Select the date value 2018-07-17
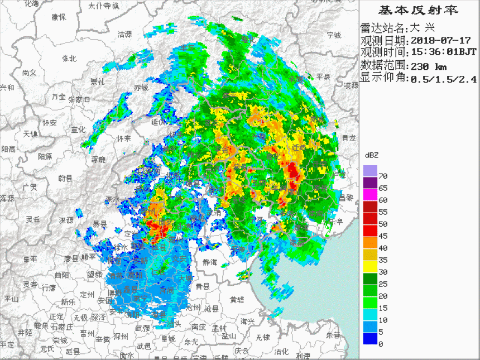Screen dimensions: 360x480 click(440, 40)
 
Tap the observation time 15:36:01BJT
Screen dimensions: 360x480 click(444, 52)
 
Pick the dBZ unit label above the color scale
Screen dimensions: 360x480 click(372, 155)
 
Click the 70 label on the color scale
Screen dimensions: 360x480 click(383, 176)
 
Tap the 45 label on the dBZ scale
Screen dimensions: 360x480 click(383, 236)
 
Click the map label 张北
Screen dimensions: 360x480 click(69, 58)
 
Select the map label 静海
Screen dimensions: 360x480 click(210, 261)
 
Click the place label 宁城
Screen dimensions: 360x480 click(334, 35)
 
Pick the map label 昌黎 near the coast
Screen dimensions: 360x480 click(345, 197)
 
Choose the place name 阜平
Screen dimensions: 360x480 click(31, 259)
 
